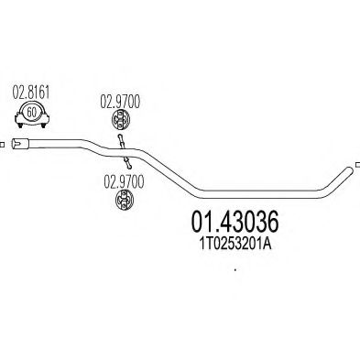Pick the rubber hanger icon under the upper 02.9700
point(117,122)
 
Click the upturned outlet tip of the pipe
point(347,168)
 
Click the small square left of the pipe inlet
point(3,142)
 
